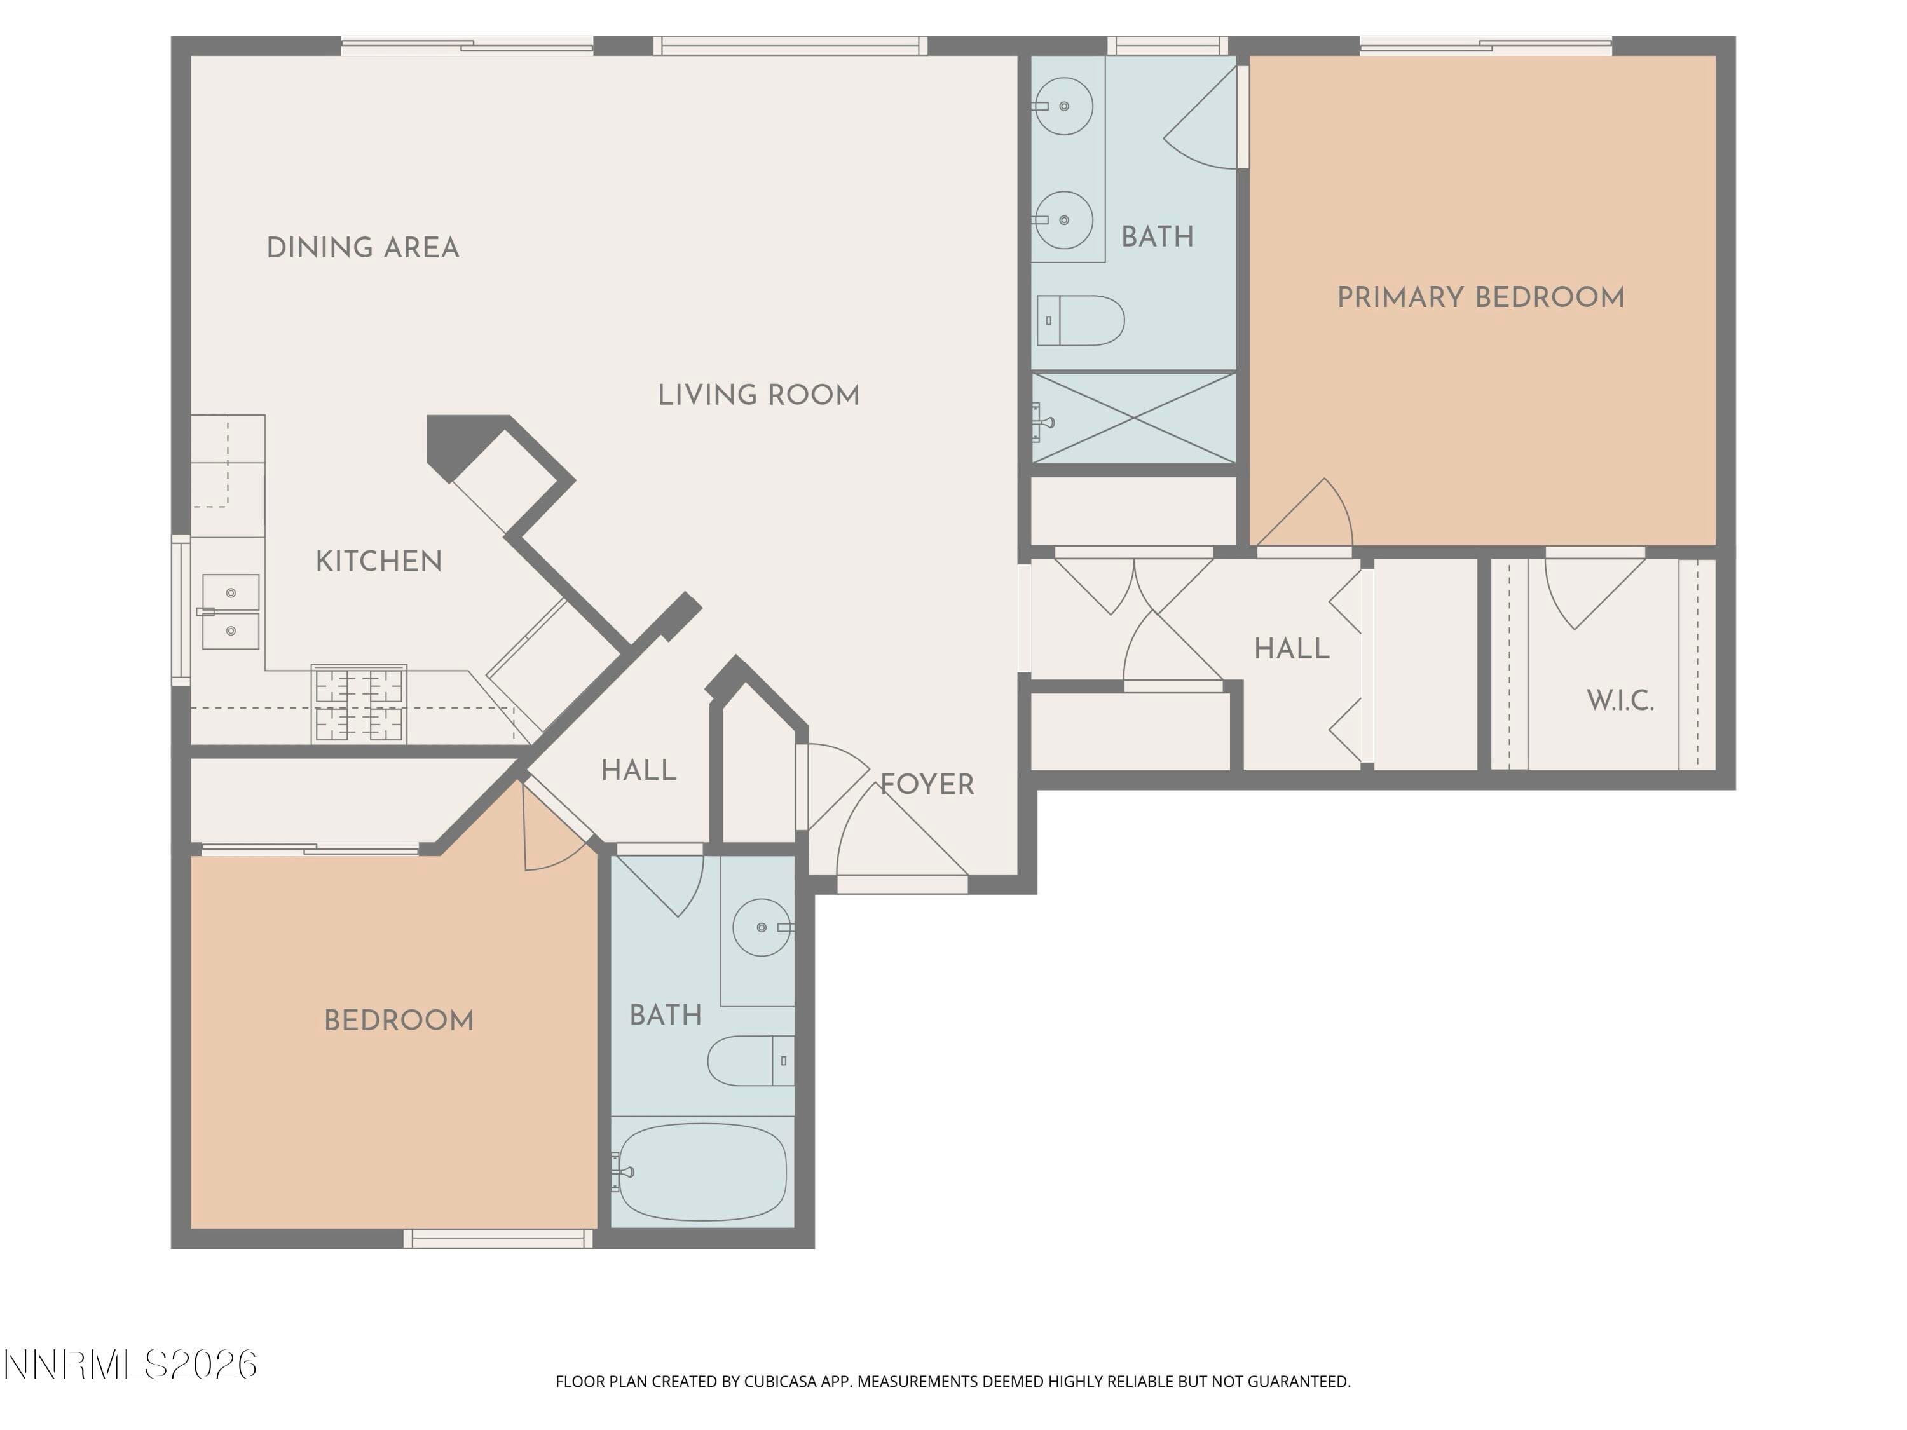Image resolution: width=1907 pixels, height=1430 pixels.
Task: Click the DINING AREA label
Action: [x=363, y=249]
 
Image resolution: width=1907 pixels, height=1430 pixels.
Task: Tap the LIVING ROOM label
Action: [x=758, y=396]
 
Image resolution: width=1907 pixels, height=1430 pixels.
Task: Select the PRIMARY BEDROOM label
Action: [x=1480, y=298]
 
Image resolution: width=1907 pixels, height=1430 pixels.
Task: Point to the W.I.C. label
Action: [x=1620, y=701]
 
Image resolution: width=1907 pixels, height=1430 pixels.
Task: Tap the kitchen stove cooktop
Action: [x=359, y=704]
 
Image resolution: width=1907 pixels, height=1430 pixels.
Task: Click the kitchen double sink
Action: [x=230, y=612]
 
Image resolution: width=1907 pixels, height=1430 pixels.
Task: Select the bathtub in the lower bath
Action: [x=702, y=1171]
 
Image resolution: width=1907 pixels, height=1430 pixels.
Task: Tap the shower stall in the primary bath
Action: [x=1133, y=418]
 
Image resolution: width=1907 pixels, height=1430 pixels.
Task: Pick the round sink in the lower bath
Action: [x=762, y=927]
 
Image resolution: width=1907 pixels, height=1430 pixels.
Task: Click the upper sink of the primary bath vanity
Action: [x=1064, y=106]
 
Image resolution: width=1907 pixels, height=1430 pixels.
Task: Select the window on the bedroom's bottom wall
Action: [x=498, y=1239]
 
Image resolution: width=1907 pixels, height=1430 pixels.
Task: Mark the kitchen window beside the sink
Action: [x=181, y=610]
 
